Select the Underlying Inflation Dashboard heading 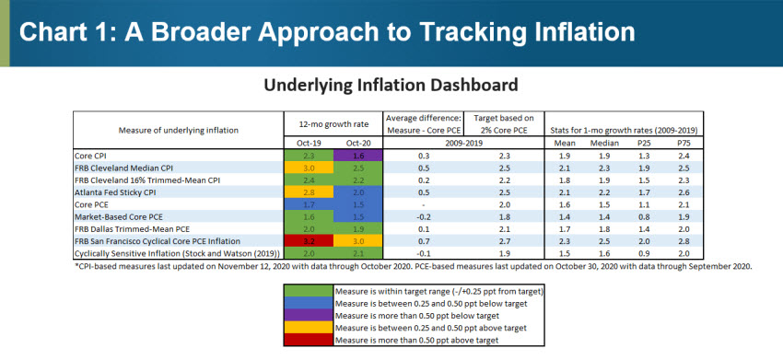pyautogui.click(x=391, y=85)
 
